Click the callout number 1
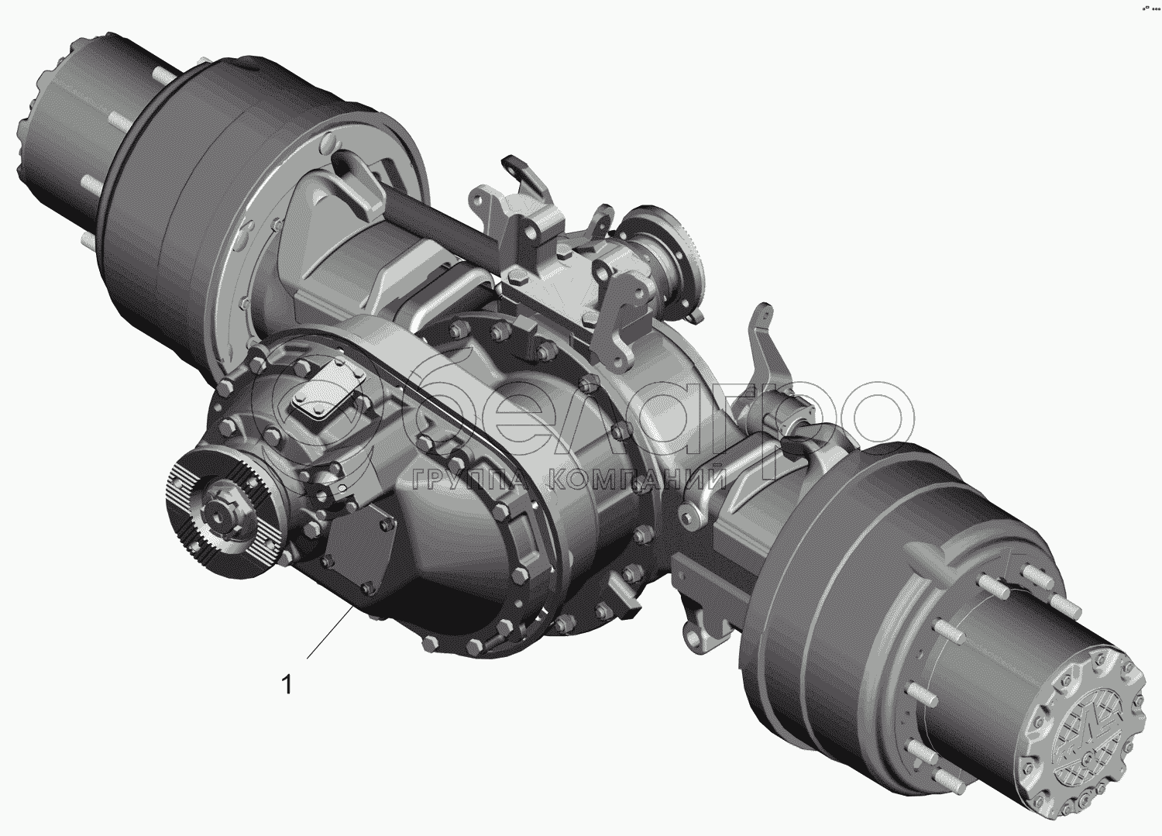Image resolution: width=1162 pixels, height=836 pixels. click(x=287, y=684)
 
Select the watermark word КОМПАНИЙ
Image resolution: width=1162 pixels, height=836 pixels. click(x=637, y=477)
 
